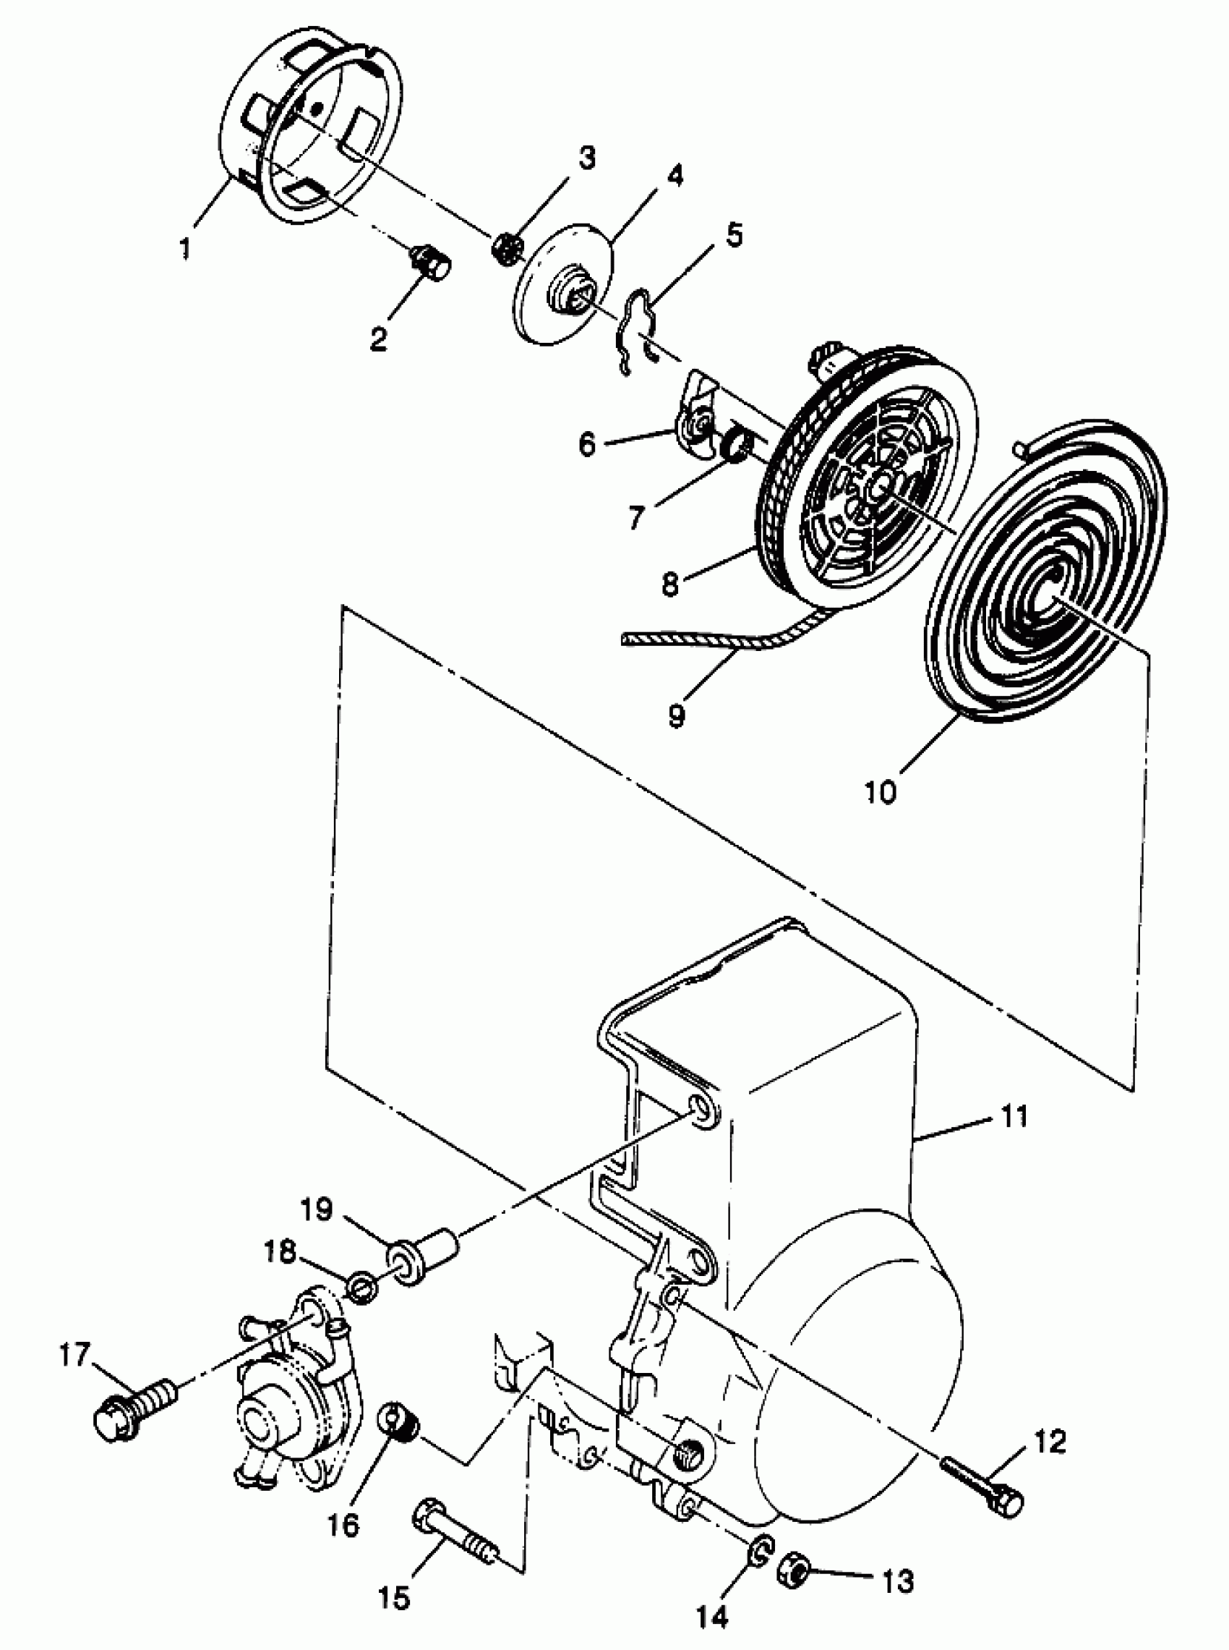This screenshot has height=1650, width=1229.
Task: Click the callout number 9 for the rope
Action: point(675,716)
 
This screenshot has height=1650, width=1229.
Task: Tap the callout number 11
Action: point(1014,1117)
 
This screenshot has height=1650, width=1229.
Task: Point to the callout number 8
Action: point(670,584)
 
